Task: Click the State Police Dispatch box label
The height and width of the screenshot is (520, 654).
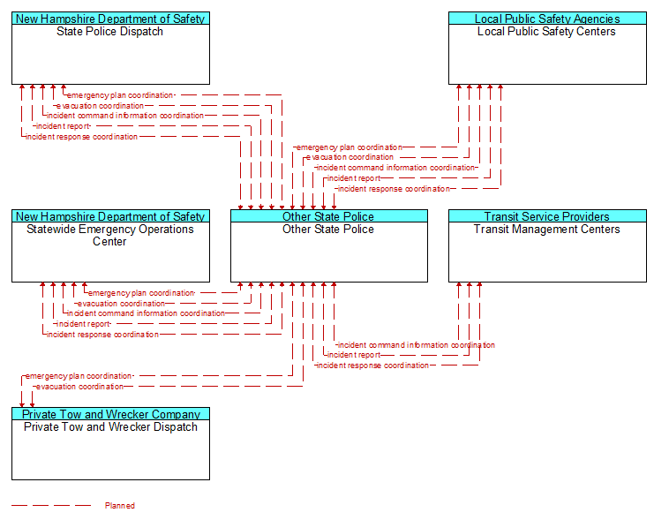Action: pyautogui.click(x=109, y=32)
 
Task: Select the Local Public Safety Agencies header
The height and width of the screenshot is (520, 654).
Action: pyautogui.click(x=547, y=19)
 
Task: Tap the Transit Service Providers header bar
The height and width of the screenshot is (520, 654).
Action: pyautogui.click(x=547, y=216)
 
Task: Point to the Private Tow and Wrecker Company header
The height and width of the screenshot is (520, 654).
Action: pyautogui.click(x=111, y=414)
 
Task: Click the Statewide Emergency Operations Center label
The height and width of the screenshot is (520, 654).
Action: pyautogui.click(x=110, y=236)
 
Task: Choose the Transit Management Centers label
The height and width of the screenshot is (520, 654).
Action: pyautogui.click(x=547, y=230)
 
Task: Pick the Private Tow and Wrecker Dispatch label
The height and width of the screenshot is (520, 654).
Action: pyautogui.click(x=110, y=427)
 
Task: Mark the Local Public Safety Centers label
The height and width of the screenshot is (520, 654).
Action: pyautogui.click(x=546, y=32)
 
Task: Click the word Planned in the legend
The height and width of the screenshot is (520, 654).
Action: pyautogui.click(x=120, y=506)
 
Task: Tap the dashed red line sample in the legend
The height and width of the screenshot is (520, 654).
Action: pyautogui.click(x=51, y=506)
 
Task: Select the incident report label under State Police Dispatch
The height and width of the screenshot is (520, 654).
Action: pyautogui.click(x=63, y=126)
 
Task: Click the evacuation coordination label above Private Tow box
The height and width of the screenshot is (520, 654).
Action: pyautogui.click(x=79, y=387)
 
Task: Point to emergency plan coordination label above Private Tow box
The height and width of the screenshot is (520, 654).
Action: pyautogui.click(x=79, y=376)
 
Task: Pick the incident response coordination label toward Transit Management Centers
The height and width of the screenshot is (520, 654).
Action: pyautogui.click(x=372, y=366)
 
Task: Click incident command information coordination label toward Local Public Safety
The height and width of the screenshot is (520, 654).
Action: pyautogui.click(x=395, y=168)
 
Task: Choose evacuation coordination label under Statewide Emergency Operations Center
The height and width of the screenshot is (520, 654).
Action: pyautogui.click(x=122, y=304)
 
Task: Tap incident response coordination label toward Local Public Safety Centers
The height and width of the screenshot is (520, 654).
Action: pyautogui.click(x=394, y=189)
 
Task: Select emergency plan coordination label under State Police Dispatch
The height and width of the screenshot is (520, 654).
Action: pyautogui.click(x=120, y=95)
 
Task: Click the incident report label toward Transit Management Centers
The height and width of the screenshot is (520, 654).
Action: pyautogui.click(x=354, y=355)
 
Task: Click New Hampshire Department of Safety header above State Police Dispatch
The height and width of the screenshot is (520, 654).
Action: pyautogui.click(x=110, y=19)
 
